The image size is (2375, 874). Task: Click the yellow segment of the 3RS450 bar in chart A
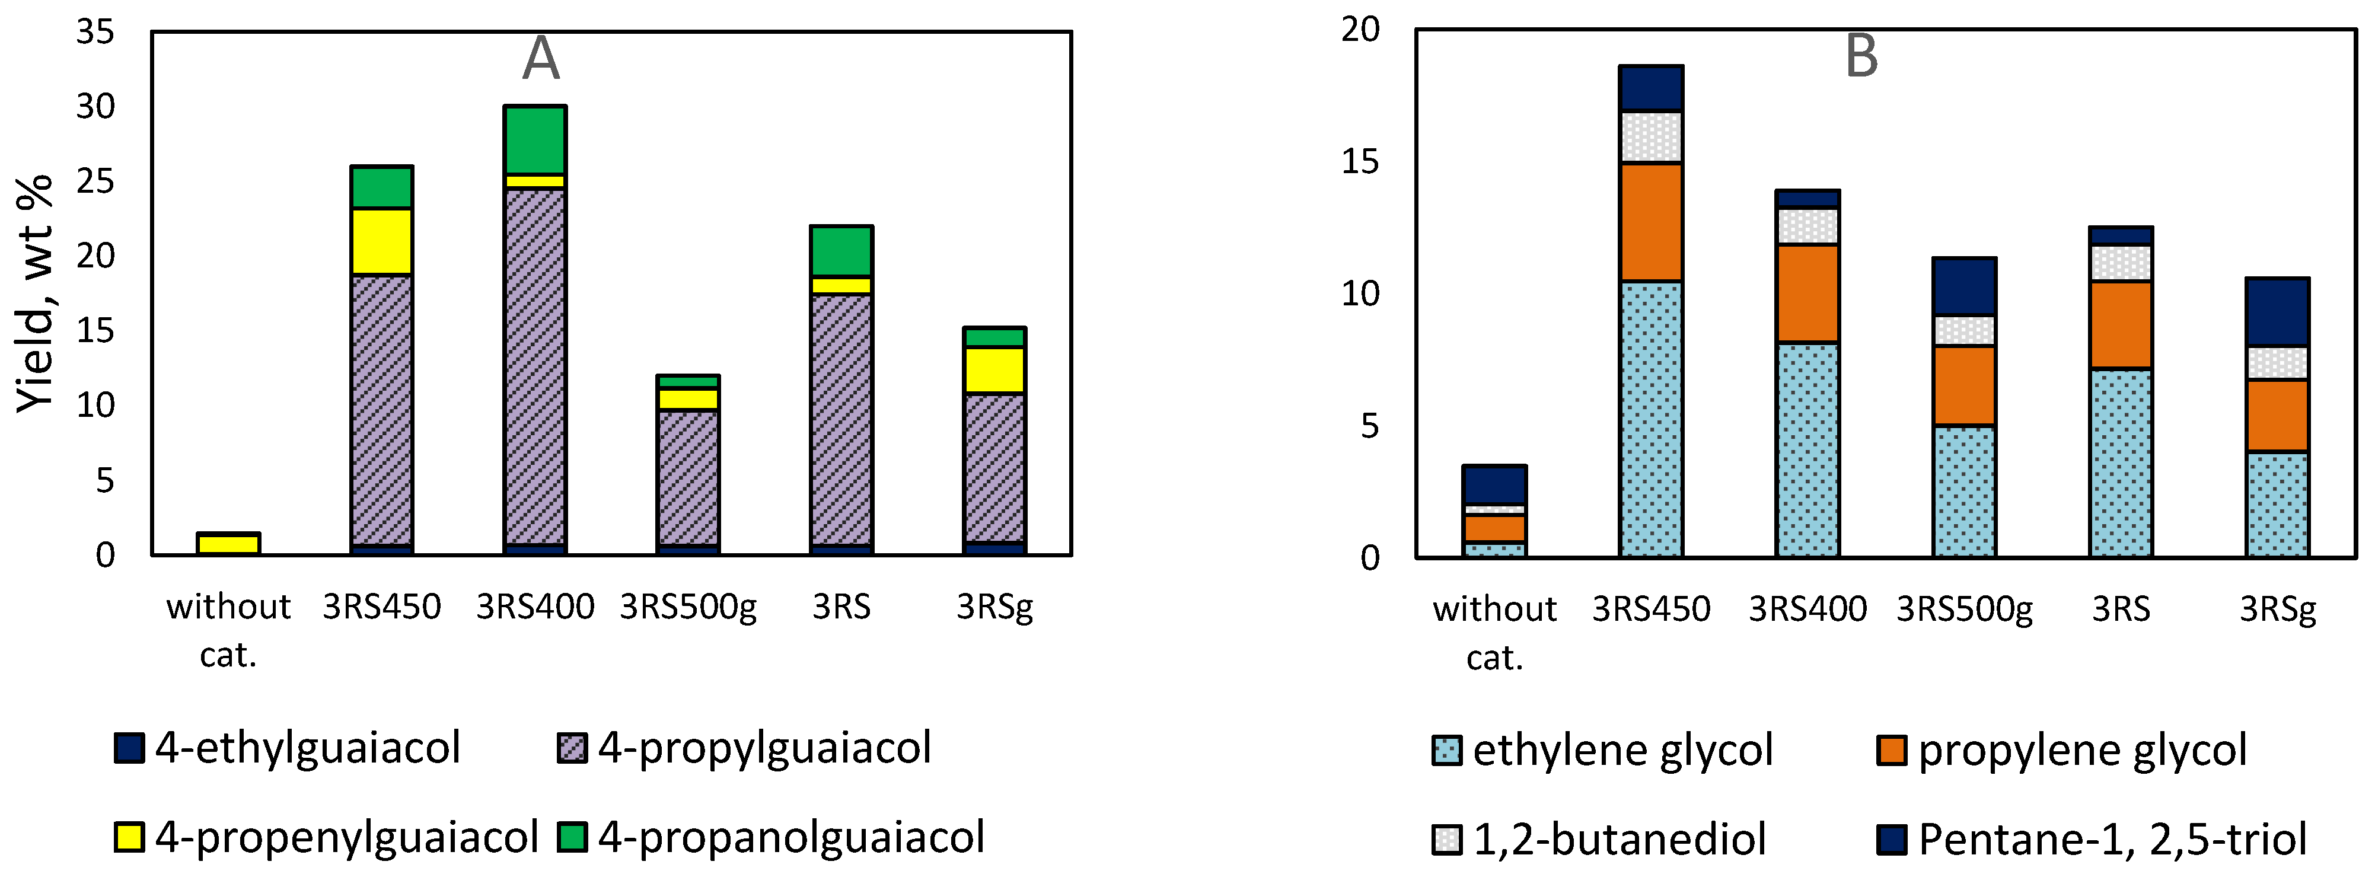pyautogui.click(x=382, y=241)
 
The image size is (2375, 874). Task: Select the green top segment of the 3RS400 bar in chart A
pyautogui.click(x=535, y=139)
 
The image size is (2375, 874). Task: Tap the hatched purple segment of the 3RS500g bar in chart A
pyautogui.click(x=688, y=477)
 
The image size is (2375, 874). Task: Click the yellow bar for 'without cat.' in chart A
pyautogui.click(x=229, y=543)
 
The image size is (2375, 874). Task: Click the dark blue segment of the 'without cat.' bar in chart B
pyautogui.click(x=1494, y=484)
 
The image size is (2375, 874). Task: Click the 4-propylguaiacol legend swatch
pyautogui.click(x=572, y=748)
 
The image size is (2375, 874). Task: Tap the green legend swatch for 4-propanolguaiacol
pyautogui.click(x=572, y=836)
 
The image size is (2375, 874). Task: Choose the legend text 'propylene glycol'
pyautogui.click(x=2082, y=749)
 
